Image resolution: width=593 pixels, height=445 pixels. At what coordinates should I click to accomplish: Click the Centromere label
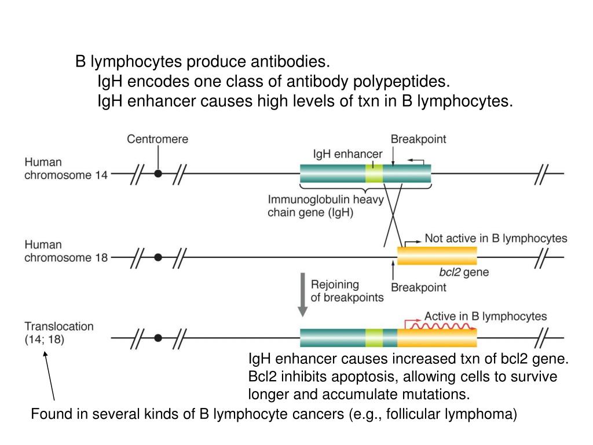(158, 139)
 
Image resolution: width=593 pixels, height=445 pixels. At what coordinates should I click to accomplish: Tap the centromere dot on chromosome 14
(158, 173)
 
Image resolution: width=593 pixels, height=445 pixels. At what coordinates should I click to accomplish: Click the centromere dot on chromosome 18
(158, 256)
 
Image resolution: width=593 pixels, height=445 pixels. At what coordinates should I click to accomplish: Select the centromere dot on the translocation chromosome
(158, 337)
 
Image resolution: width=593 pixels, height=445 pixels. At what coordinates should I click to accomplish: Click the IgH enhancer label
(347, 154)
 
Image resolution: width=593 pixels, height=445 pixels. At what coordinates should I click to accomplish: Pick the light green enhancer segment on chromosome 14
(374, 173)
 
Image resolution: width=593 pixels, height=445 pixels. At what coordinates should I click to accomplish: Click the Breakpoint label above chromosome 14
(418, 139)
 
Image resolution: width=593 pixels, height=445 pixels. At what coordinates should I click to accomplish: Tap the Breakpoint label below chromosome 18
(419, 287)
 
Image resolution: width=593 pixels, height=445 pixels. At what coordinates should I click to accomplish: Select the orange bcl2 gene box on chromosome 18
(437, 256)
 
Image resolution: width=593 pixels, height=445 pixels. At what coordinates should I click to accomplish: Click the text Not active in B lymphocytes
(496, 238)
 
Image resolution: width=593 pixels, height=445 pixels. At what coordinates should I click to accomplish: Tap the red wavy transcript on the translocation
(438, 326)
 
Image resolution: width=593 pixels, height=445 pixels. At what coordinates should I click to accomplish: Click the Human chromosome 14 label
(65, 169)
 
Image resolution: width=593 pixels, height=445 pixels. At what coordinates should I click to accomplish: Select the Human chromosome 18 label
(65, 251)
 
